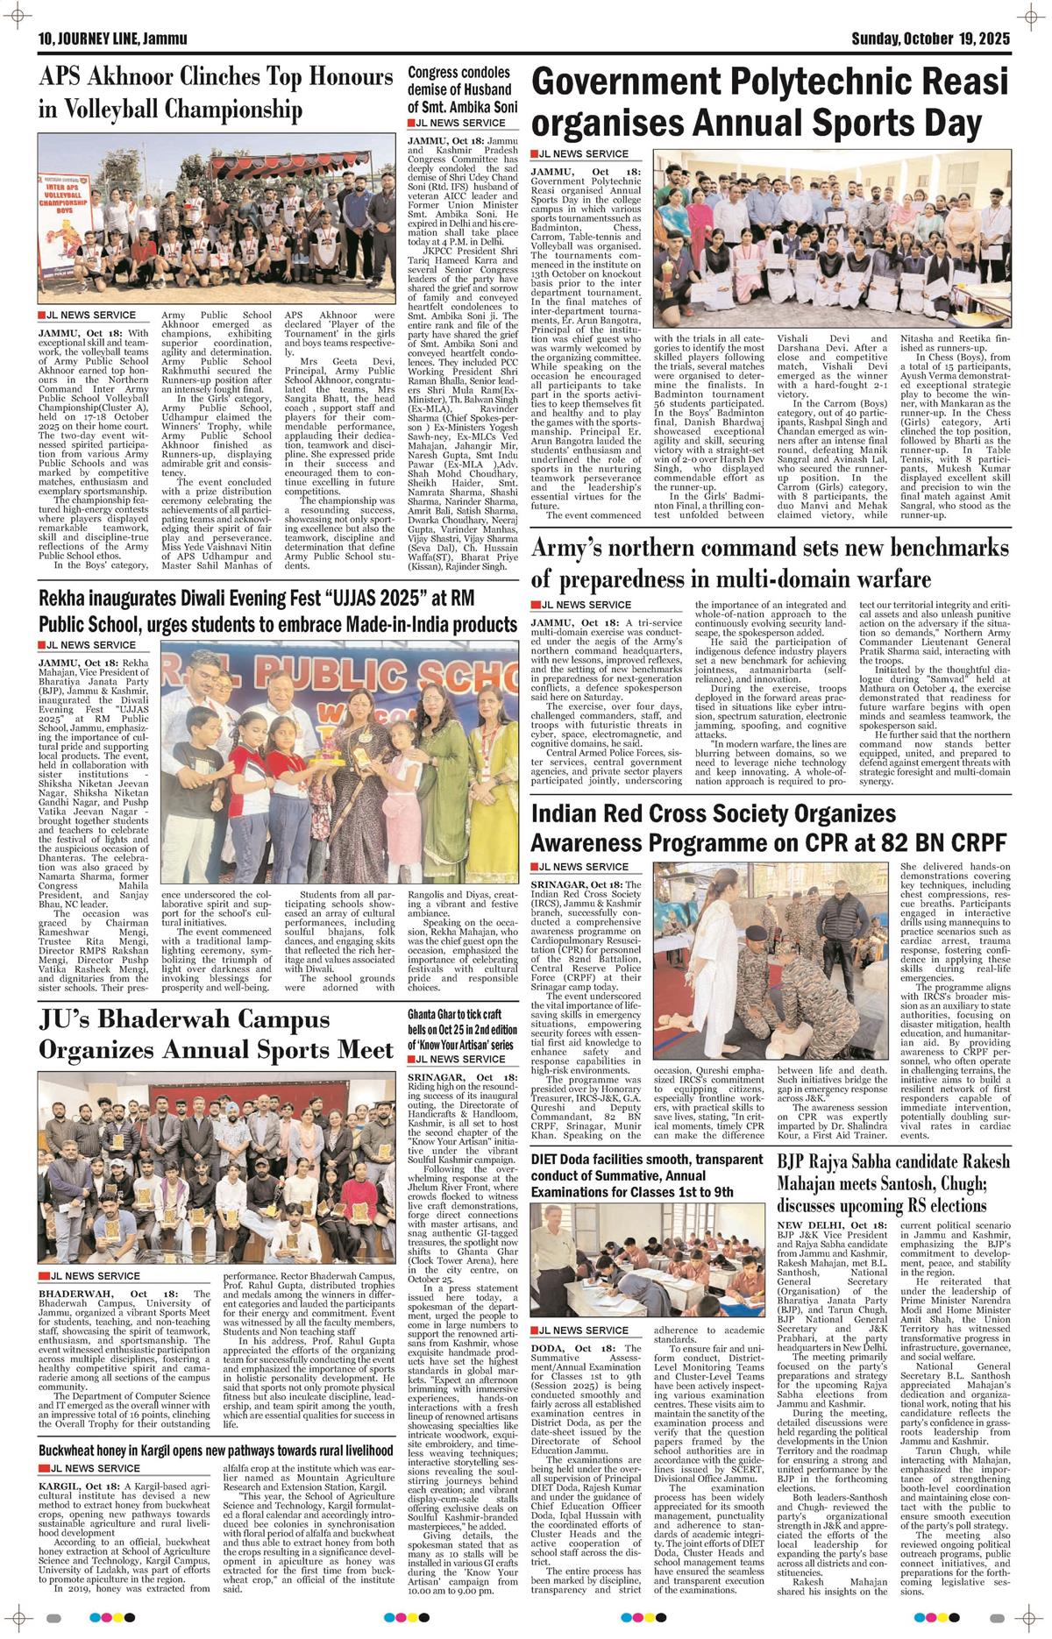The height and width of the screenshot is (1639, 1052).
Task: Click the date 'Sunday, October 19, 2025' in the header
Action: click(931, 39)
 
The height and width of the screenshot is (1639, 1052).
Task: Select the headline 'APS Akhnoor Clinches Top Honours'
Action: click(215, 78)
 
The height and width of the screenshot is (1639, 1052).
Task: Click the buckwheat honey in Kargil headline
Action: click(215, 1451)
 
